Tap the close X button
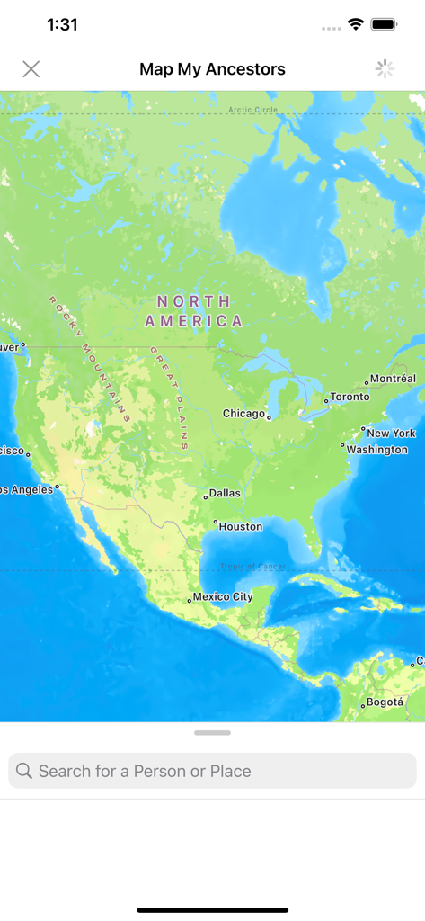[31, 69]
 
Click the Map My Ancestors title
[212, 69]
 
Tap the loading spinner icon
[385, 69]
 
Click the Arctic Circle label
[253, 110]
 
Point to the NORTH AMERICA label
[193, 311]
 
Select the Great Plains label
[171, 398]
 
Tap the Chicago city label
[244, 414]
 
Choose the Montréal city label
[393, 379]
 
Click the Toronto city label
[350, 397]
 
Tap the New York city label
[391, 433]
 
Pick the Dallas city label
[224, 494]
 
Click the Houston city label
[240, 526]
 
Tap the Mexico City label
[223, 596]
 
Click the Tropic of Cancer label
[252, 567]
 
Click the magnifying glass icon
[24, 771]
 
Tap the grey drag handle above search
[212, 733]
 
